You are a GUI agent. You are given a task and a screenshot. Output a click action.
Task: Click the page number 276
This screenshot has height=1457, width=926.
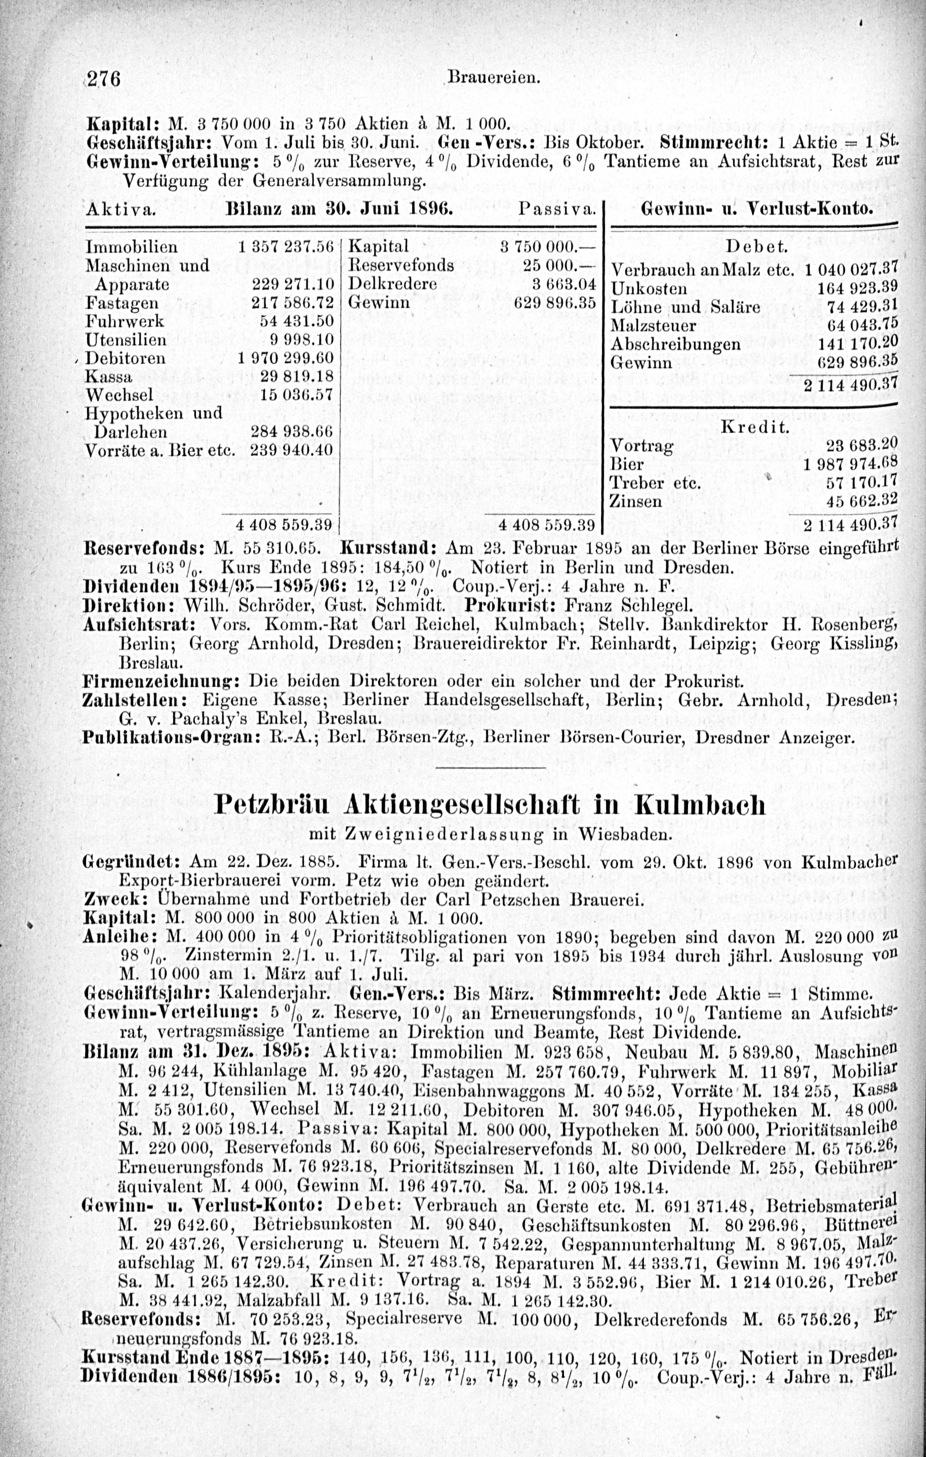[105, 79]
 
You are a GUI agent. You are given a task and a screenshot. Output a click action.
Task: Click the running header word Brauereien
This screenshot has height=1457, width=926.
[493, 79]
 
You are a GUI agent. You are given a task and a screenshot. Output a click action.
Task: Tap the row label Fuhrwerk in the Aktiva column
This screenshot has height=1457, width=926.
[125, 321]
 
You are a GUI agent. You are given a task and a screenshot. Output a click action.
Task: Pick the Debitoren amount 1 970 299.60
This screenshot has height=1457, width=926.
[286, 358]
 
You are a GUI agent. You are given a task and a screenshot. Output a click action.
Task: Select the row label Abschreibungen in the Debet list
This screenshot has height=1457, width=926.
[676, 344]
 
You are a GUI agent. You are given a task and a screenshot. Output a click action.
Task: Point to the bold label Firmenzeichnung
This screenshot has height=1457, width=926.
[162, 681]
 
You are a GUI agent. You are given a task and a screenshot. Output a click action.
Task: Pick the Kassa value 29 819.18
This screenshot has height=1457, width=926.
[297, 376]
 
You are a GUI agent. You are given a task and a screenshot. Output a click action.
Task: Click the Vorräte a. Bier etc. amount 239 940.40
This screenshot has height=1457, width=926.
[292, 451]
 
